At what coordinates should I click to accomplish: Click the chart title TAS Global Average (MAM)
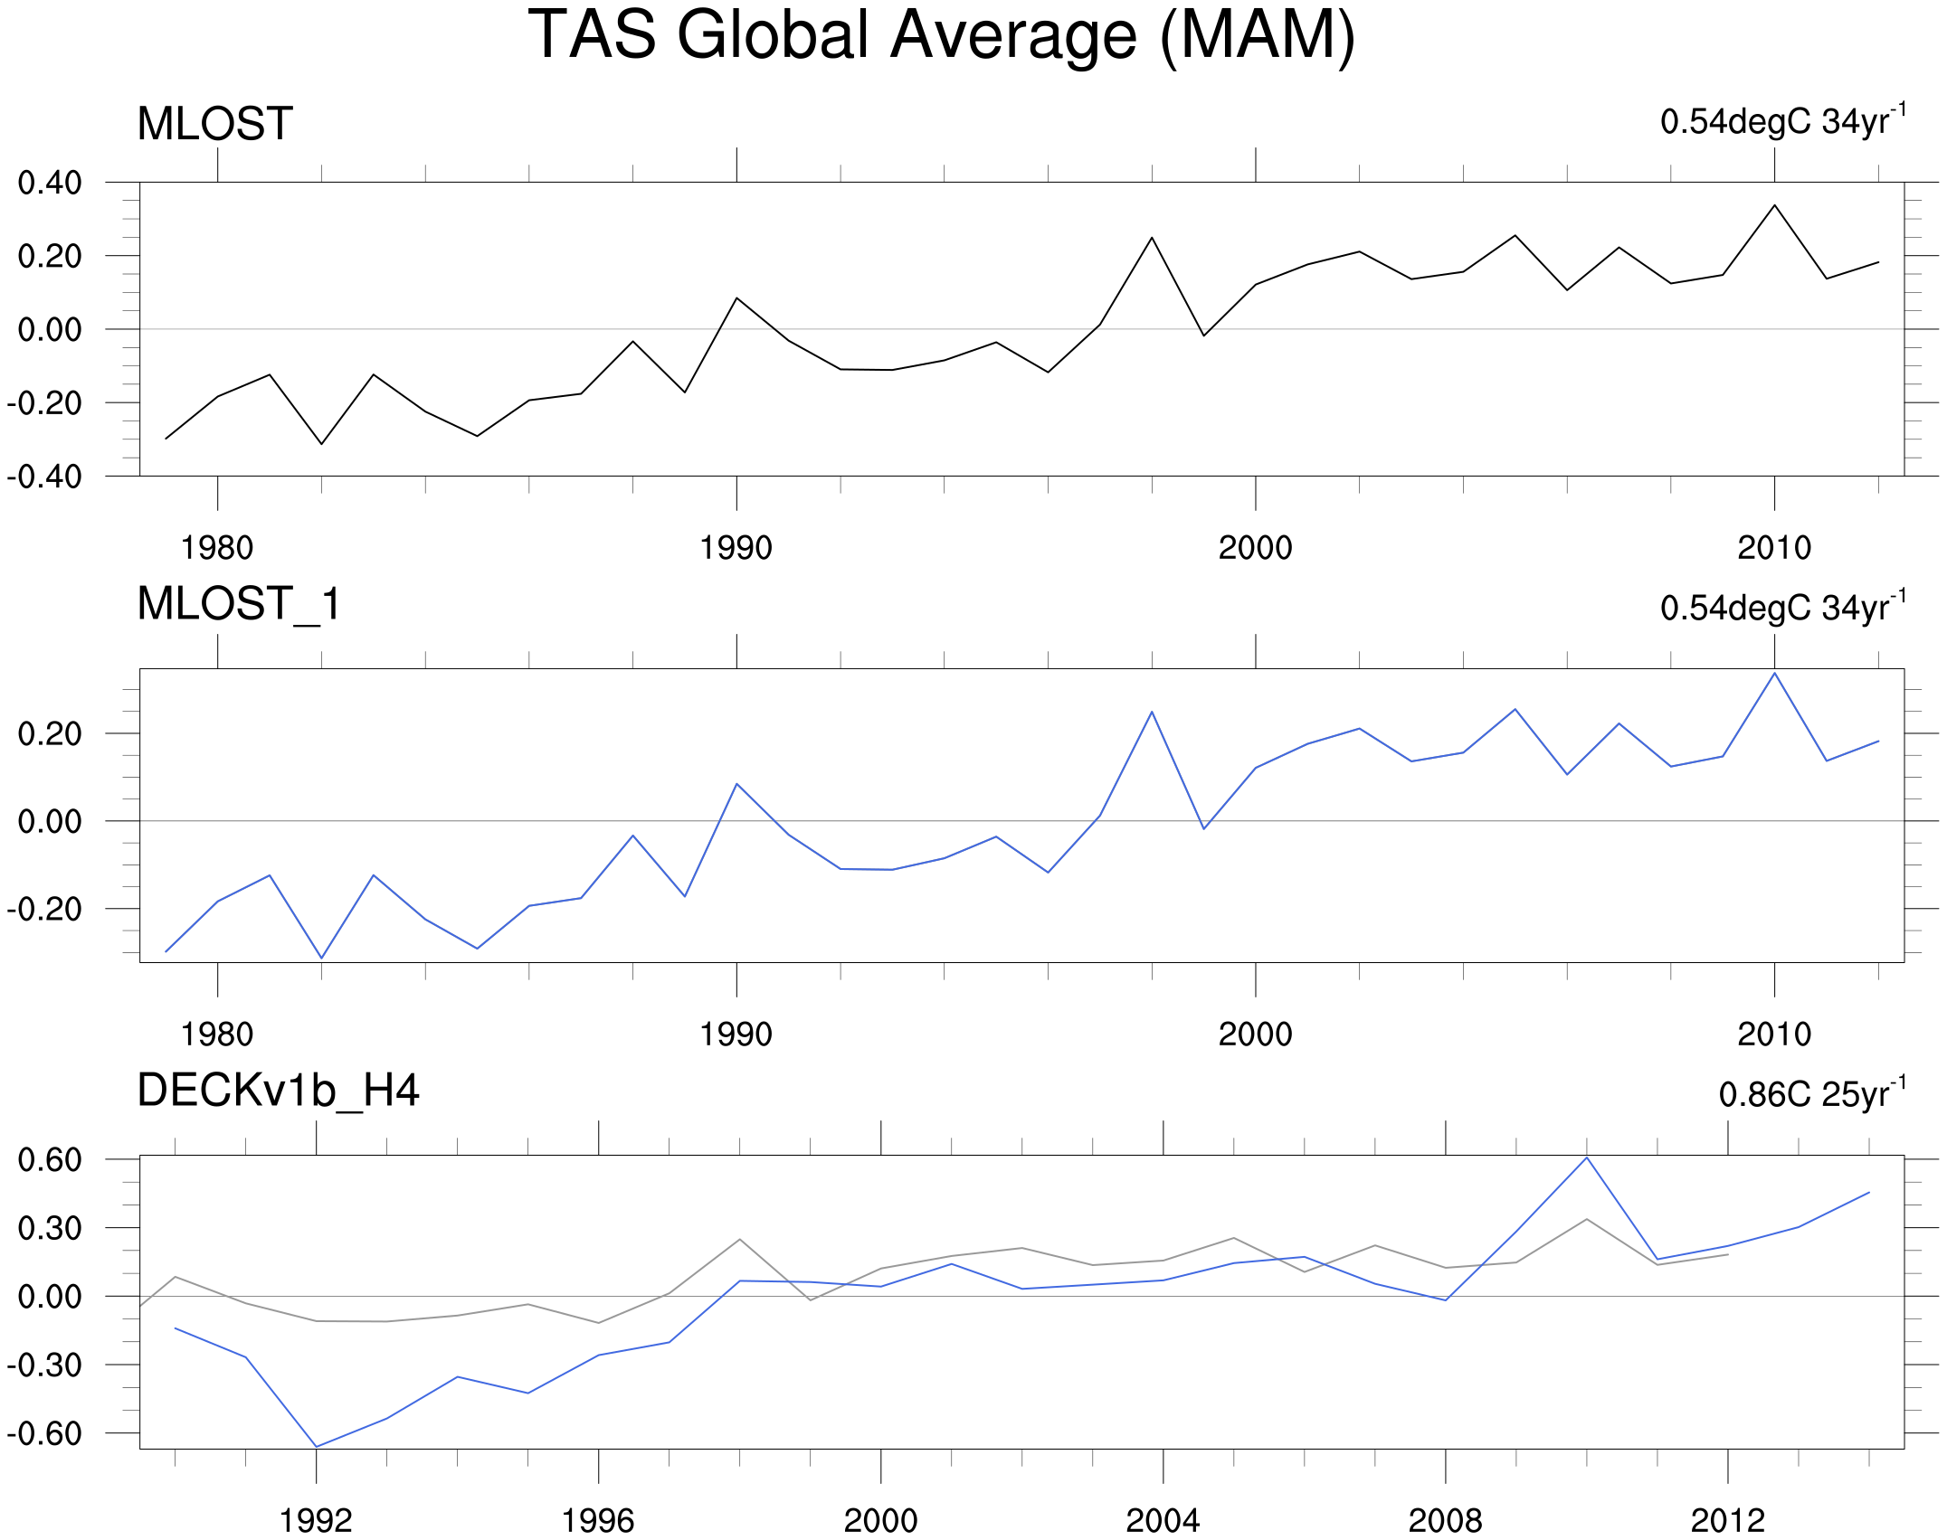[x=941, y=36]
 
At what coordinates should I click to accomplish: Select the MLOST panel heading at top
[x=214, y=124]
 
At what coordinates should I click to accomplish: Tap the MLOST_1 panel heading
[x=239, y=604]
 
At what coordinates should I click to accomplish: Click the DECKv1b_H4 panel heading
[x=278, y=1091]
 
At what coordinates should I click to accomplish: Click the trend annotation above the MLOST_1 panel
[x=1782, y=607]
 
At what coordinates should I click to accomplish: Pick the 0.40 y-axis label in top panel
[x=50, y=183]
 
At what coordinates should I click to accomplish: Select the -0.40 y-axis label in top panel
[x=44, y=477]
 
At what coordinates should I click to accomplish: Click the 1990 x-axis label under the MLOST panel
[x=736, y=548]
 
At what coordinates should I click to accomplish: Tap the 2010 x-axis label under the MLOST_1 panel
[x=1774, y=1035]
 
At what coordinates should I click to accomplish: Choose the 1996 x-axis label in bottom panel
[x=598, y=1521]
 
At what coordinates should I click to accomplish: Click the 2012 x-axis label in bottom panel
[x=1727, y=1521]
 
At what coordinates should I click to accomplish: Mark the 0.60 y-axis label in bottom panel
[x=50, y=1160]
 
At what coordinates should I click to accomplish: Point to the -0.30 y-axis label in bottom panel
[x=44, y=1365]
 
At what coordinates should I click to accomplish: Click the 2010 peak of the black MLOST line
[x=1775, y=205]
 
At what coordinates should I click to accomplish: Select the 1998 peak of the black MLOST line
[x=1152, y=238]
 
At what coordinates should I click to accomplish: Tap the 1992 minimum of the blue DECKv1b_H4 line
[x=317, y=1447]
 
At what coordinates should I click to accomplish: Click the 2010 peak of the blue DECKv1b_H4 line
[x=1587, y=1157]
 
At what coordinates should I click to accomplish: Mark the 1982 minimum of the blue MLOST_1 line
[x=321, y=958]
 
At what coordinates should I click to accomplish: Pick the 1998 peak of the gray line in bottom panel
[x=740, y=1239]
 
